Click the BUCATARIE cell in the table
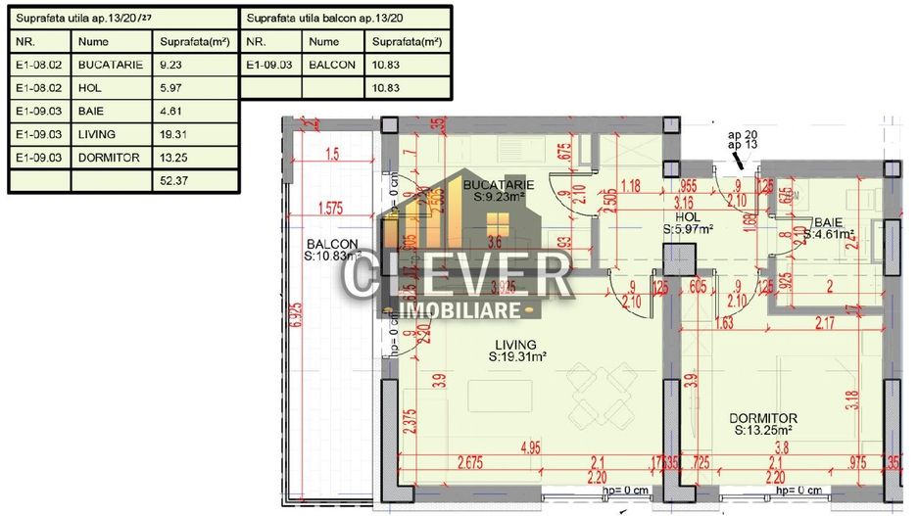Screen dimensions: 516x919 [x=111, y=65]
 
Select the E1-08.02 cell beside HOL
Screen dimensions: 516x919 [x=38, y=88]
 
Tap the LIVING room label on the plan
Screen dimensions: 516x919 [x=515, y=345]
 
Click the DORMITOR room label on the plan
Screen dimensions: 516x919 [x=763, y=417]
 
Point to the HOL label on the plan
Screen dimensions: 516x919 [x=688, y=217]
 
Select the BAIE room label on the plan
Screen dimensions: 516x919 [x=823, y=221]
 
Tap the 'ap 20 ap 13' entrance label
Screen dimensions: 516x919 [x=743, y=139]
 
